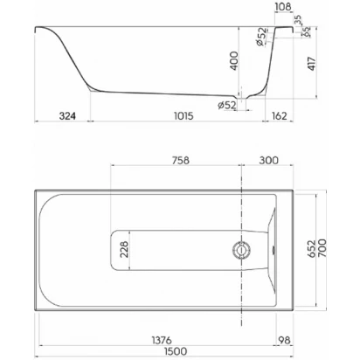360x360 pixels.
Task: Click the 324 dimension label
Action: [67, 116]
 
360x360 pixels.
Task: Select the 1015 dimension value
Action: [183, 116]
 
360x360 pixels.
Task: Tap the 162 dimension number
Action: [279, 116]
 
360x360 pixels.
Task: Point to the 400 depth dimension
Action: [233, 60]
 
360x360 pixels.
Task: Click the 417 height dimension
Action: [312, 64]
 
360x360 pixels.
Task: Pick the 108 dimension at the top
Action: [283, 7]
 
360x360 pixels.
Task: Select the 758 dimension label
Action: [180, 161]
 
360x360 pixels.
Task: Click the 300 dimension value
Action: [268, 161]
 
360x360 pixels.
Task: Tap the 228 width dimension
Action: [124, 249]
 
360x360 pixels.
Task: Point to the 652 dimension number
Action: [312, 248]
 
